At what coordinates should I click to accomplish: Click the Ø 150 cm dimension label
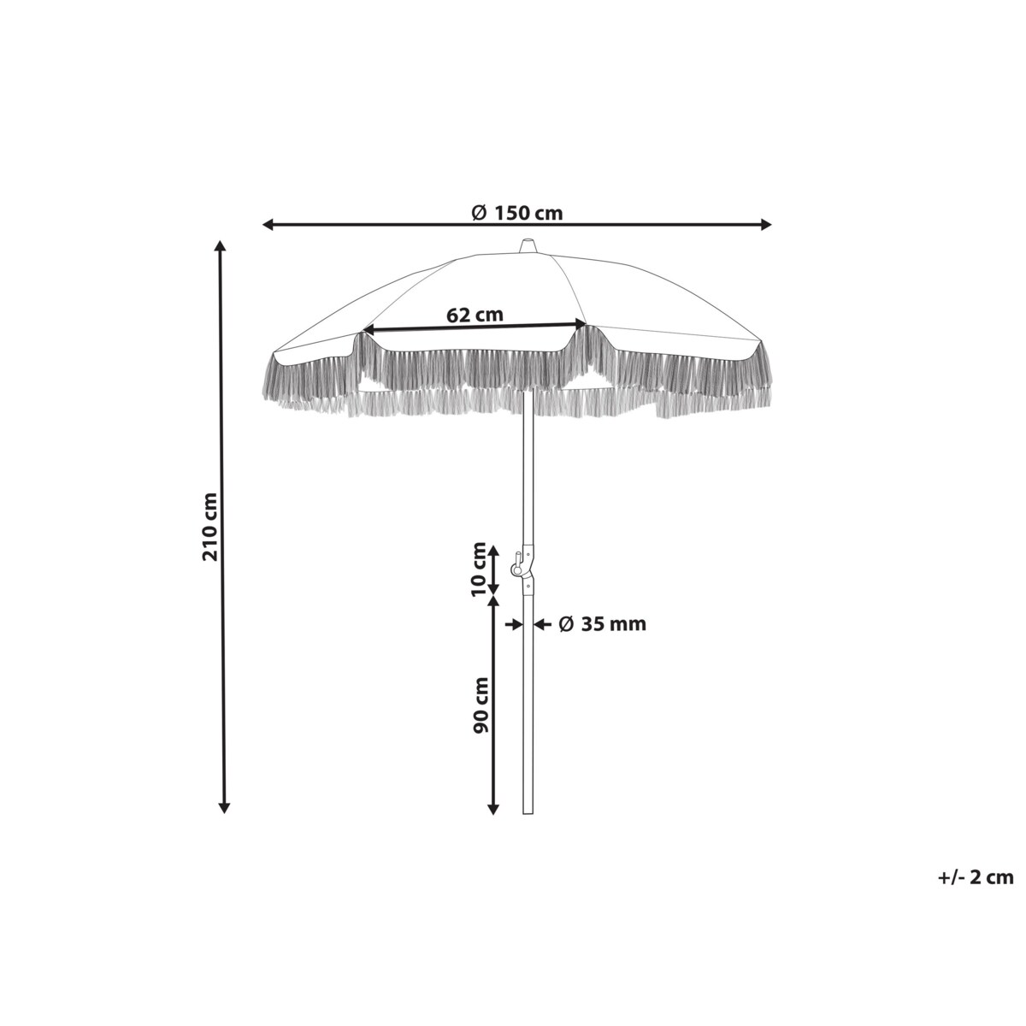tap(517, 212)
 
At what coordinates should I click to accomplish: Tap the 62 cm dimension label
tap(475, 315)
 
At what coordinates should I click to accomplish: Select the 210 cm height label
tap(210, 527)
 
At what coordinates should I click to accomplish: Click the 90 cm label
tap(481, 705)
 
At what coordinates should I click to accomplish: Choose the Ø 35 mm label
tap(602, 624)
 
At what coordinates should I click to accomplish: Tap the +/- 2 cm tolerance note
tap(975, 876)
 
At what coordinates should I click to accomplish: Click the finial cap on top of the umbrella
tap(527, 246)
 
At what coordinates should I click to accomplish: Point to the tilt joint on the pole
tap(524, 569)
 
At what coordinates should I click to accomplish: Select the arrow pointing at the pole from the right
tap(541, 625)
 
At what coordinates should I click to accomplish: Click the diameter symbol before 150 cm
tap(480, 212)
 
